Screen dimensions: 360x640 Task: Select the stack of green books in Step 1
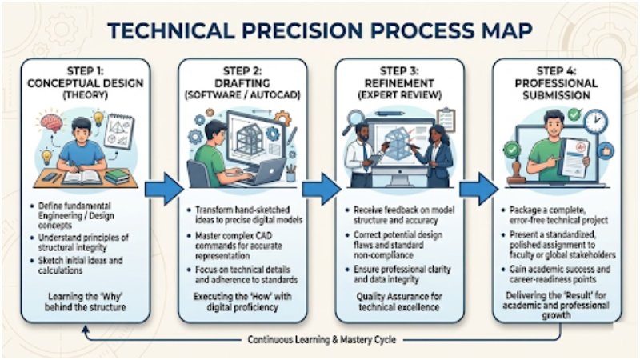[x=118, y=175]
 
